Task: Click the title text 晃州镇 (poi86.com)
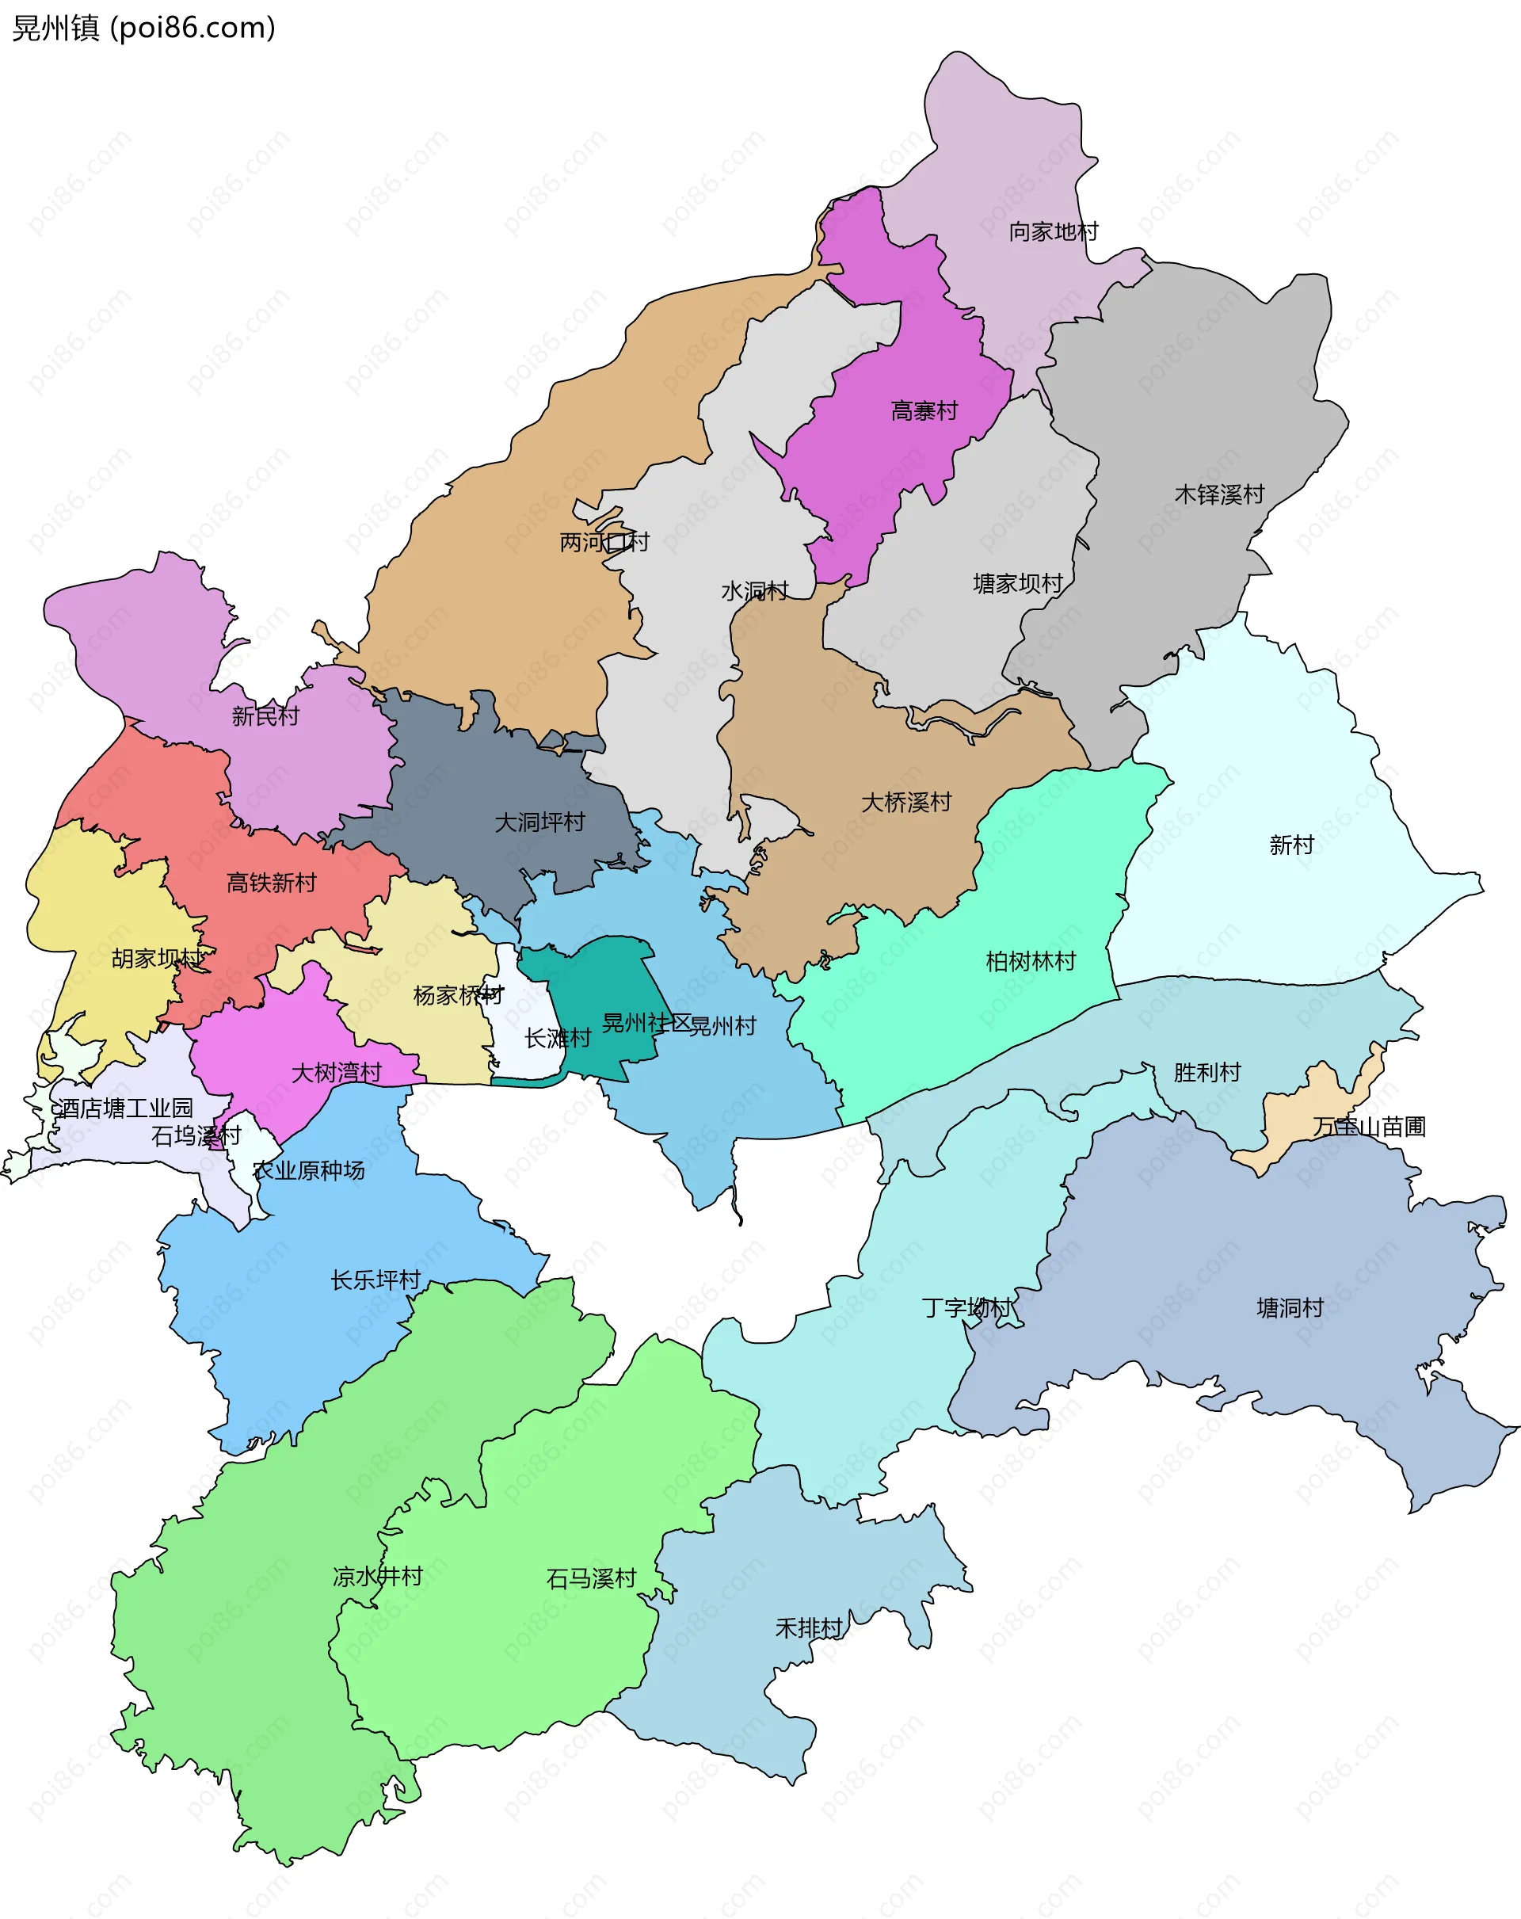[x=143, y=28]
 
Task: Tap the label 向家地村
[x=1053, y=232]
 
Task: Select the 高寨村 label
[x=924, y=411]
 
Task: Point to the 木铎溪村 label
[x=1218, y=495]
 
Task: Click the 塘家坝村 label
[x=1017, y=584]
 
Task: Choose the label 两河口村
[x=604, y=542]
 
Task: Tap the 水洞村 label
[x=754, y=591]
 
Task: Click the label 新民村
[x=265, y=715]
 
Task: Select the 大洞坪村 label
[x=539, y=822]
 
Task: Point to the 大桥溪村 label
[x=905, y=803]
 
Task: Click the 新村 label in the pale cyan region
[x=1290, y=845]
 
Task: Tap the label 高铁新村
[x=272, y=883]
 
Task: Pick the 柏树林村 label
[x=1030, y=961]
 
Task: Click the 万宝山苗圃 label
[x=1368, y=1127]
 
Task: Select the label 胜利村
[x=1206, y=1073]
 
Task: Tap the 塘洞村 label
[x=1289, y=1308]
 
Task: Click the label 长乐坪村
[x=375, y=1280]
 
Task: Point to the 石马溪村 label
[x=590, y=1579]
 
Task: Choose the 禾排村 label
[x=808, y=1628]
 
